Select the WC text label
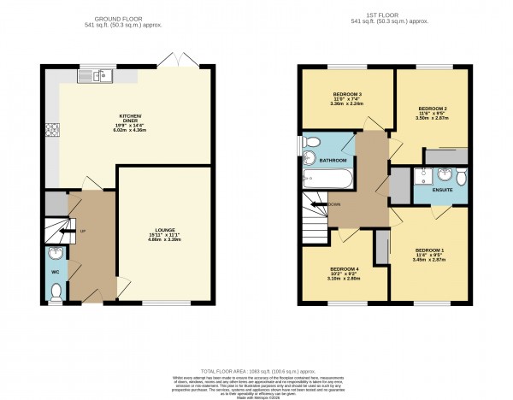click(55, 271)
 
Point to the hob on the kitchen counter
click(50, 129)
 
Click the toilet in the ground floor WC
click(56, 291)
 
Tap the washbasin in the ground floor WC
click(55, 253)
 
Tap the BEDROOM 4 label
click(344, 268)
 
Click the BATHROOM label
click(333, 160)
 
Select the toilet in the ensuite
click(461, 178)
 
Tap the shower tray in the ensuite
click(422, 178)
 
